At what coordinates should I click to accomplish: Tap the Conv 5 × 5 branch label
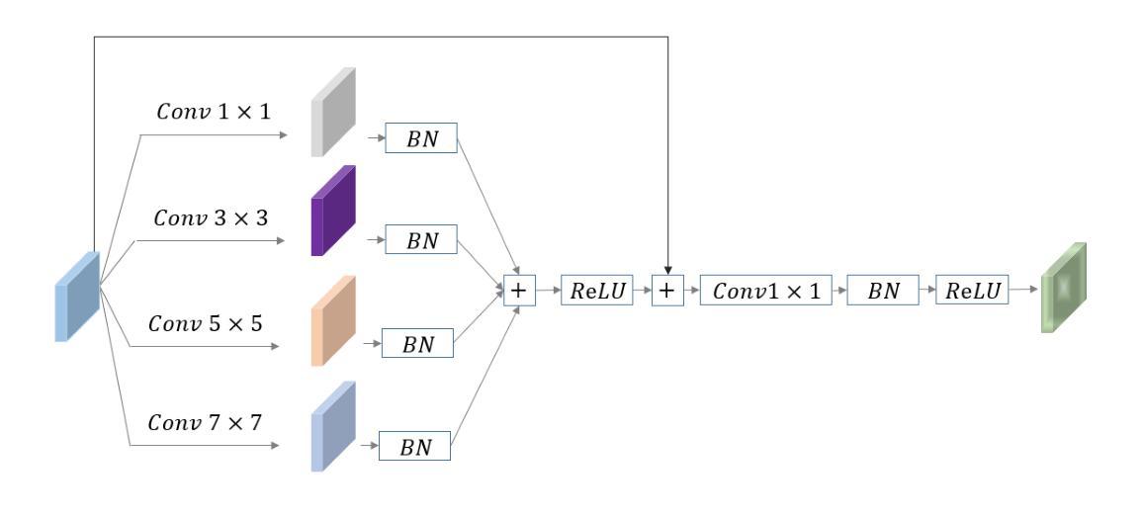pos(206,323)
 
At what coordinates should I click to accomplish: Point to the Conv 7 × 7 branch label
pos(206,423)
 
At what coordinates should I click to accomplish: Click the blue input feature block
pos(77,296)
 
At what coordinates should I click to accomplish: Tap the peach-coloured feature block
pos(332,320)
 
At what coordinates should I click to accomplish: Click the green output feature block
pos(1063,287)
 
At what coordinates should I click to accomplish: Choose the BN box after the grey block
pos(422,139)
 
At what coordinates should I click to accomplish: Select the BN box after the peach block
pos(416,344)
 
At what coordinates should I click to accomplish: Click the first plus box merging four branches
pos(518,290)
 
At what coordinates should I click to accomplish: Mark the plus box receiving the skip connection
pos(667,290)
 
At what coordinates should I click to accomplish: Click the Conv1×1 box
pos(765,290)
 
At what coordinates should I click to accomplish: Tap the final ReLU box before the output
pos(973,290)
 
